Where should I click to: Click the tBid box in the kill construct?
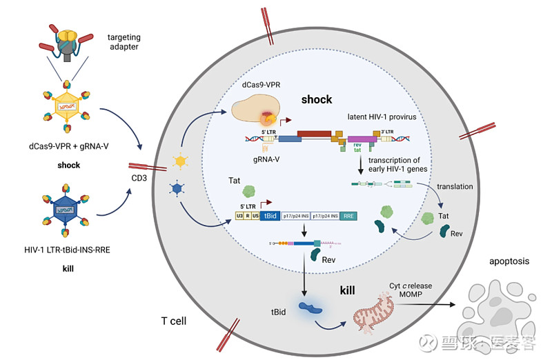[x=270, y=215]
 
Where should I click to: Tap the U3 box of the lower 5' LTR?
[x=239, y=215]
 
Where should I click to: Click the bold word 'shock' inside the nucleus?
[x=317, y=99]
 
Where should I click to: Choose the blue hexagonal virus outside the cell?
[x=67, y=209]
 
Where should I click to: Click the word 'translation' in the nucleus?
[x=455, y=187]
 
